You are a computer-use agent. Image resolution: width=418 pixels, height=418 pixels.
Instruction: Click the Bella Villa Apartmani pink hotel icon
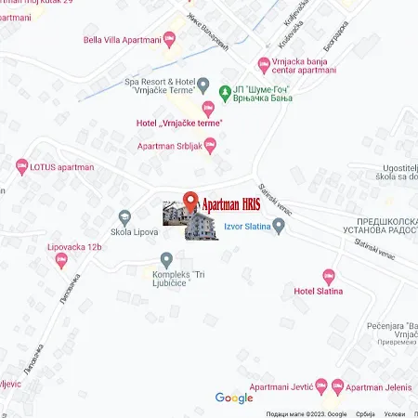[169, 39]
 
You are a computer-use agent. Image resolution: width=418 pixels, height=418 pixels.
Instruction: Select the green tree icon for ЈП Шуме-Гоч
[225, 91]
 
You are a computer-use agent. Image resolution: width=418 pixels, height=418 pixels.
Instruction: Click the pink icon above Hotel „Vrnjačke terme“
[208, 109]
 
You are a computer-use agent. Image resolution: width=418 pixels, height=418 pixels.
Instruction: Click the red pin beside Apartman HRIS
[191, 202]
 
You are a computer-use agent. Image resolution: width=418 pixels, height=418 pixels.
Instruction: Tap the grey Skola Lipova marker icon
[124, 216]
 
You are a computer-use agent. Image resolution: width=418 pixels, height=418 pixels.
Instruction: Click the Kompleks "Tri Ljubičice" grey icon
[166, 260]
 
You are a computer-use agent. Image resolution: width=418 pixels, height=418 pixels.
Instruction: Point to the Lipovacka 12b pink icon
[61, 260]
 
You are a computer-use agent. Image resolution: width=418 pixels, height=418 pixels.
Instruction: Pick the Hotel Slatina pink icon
[327, 276]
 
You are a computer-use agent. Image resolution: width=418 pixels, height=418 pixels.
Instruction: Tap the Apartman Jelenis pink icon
[337, 385]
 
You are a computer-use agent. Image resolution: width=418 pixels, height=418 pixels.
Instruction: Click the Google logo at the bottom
[234, 398]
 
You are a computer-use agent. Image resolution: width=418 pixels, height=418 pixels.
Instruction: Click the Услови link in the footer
[395, 413]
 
